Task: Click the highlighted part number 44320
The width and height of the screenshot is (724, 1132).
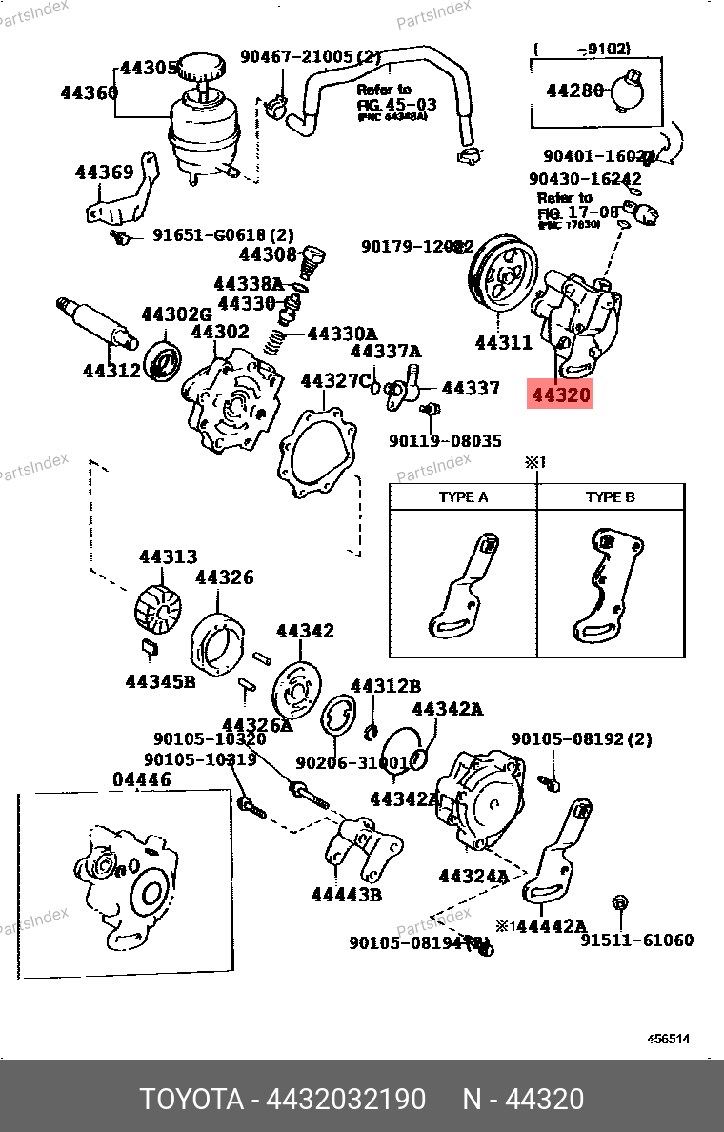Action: tap(561, 394)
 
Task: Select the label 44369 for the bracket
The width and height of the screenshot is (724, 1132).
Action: tap(104, 172)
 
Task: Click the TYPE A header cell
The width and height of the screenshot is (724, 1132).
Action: tap(463, 497)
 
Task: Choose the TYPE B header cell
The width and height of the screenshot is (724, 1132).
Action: tap(610, 497)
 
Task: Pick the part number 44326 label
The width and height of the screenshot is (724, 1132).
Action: tap(225, 577)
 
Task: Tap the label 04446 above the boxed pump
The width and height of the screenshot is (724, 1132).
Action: tap(142, 779)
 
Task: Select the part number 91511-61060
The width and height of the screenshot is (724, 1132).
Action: tap(637, 940)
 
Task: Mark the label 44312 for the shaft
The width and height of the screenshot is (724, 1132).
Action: tap(111, 370)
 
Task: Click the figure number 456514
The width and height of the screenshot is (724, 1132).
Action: tap(668, 1040)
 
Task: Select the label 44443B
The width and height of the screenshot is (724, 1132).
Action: tap(347, 894)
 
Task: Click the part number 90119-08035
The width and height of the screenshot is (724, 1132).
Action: tap(445, 441)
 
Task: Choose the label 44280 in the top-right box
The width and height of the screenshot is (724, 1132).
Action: tap(575, 91)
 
